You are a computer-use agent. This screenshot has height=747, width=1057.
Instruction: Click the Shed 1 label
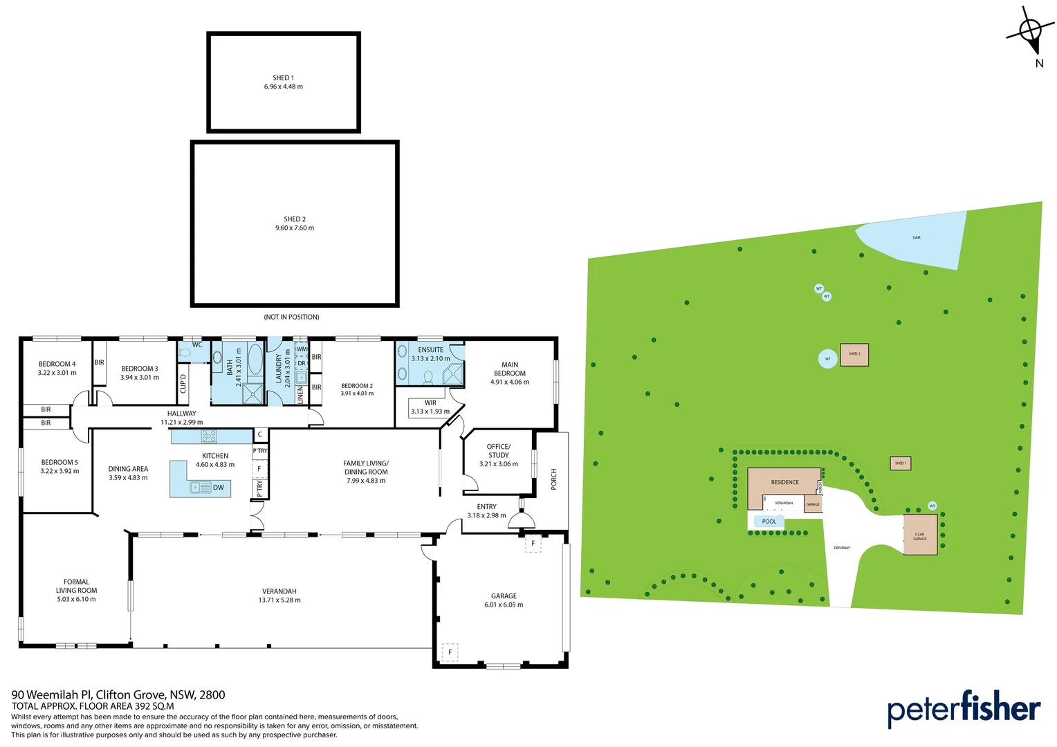(283, 78)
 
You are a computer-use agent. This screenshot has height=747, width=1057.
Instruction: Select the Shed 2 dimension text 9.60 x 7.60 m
(295, 228)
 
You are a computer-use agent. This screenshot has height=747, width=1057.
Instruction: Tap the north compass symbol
(1031, 31)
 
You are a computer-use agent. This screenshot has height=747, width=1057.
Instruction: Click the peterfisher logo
(964, 709)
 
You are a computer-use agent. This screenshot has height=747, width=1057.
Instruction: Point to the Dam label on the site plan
(916, 238)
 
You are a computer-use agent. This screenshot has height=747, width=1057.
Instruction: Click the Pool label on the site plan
(769, 522)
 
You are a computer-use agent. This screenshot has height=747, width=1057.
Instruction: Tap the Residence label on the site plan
(784, 483)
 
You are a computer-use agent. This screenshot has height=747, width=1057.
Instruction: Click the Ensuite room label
(430, 350)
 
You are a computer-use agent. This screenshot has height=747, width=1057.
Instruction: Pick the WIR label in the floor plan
(430, 403)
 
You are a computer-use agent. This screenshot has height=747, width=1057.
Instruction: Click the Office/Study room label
(498, 451)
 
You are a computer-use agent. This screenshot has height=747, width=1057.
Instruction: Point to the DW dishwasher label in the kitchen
(219, 488)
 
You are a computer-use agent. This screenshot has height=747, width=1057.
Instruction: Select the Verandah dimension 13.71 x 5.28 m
(279, 600)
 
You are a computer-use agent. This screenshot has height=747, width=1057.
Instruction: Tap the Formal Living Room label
(76, 587)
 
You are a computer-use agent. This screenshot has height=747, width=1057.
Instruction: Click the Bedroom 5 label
(59, 463)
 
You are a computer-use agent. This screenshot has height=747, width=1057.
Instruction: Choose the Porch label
(553, 479)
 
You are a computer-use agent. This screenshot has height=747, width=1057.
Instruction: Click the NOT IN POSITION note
(291, 317)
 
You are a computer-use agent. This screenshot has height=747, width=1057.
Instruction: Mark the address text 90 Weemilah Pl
(51, 695)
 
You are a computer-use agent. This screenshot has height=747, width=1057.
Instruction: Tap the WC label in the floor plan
(197, 345)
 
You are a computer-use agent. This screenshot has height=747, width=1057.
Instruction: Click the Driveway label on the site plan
(842, 548)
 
